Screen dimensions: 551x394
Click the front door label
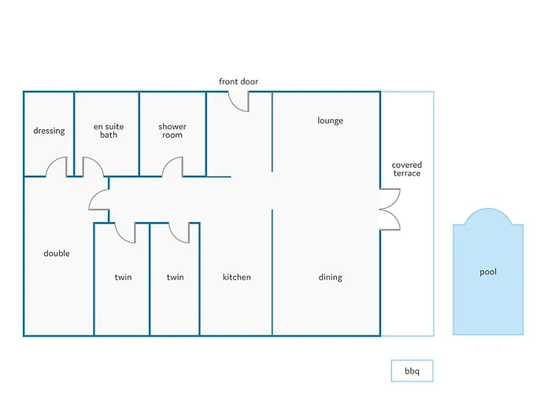239,82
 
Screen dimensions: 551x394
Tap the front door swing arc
235,106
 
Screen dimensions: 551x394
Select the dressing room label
49,131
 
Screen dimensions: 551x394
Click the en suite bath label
109,131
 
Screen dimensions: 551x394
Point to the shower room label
172,131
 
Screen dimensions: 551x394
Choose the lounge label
331,121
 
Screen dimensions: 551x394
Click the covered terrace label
407,169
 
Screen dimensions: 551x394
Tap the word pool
488,272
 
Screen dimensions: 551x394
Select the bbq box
412,371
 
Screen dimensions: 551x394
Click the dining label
331,277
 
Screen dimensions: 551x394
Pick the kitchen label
237,277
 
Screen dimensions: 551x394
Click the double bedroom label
57,253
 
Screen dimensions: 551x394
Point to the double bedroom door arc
94,195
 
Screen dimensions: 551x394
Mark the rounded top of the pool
488,209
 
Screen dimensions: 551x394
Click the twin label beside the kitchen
176,277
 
